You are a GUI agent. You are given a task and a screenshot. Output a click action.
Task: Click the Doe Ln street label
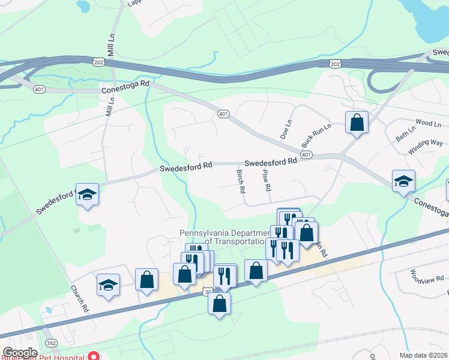(286, 129)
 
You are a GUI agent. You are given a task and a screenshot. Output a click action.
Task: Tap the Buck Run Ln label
(308, 136)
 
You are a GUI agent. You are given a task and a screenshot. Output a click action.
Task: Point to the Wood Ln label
(428, 123)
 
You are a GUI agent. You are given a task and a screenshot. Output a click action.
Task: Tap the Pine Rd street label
(266, 181)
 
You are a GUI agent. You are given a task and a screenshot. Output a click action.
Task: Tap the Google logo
(20, 352)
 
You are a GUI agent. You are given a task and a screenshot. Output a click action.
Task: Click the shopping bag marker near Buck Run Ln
(357, 122)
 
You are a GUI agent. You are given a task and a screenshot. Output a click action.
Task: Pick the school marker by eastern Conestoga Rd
(403, 181)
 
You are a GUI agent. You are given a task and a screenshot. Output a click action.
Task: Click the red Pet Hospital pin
(94, 356)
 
